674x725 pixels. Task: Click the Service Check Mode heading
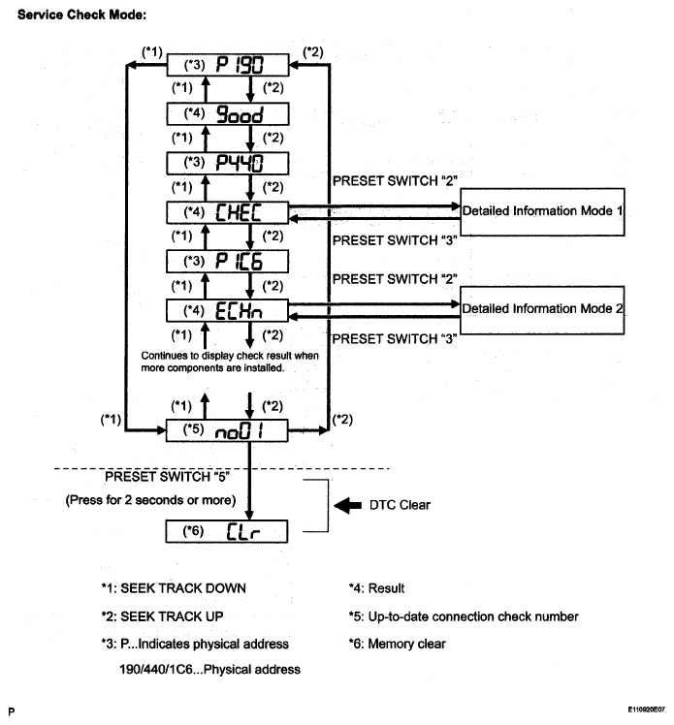click(81, 15)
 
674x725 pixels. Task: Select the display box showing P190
click(228, 65)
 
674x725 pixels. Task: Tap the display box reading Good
click(228, 113)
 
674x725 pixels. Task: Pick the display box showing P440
click(228, 163)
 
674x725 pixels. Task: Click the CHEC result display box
click(228, 212)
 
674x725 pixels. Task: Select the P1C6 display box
click(227, 262)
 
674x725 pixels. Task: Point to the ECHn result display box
click(227, 310)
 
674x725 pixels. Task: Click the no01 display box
click(227, 430)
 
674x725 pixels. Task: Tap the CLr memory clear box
click(227, 531)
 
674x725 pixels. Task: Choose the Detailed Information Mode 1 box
click(542, 211)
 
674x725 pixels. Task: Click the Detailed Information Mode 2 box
click(542, 310)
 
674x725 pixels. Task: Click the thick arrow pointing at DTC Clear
click(348, 505)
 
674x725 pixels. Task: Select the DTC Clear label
click(400, 505)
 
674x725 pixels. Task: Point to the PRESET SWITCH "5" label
click(167, 477)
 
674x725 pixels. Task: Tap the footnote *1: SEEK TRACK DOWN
click(174, 588)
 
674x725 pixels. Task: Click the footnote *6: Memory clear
click(398, 644)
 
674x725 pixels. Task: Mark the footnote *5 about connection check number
click(464, 616)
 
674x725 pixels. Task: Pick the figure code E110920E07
click(646, 709)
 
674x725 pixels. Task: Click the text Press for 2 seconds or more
click(150, 500)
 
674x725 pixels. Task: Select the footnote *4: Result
click(376, 588)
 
